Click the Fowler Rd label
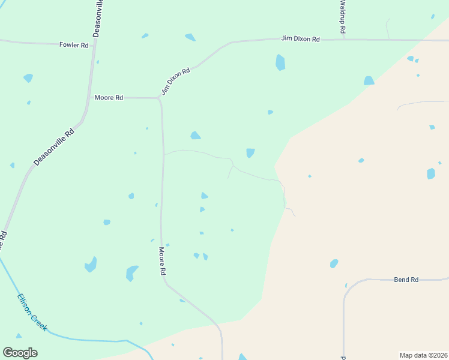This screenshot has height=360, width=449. tap(74, 45)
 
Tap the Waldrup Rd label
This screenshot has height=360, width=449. tap(343, 17)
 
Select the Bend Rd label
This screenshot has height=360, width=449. tap(406, 280)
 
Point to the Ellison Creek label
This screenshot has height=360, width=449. tap(32, 312)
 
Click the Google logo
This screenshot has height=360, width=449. tap(20, 353)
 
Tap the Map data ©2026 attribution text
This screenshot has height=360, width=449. tap(423, 355)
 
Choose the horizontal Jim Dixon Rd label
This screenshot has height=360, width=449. tap(300, 39)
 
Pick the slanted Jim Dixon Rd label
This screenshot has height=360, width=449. tap(175, 81)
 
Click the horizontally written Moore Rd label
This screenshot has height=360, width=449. tap(109, 97)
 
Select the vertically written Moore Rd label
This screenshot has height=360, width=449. tap(162, 261)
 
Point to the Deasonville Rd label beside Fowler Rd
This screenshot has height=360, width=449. tap(98, 19)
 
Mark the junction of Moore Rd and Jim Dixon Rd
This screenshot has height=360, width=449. tap(159, 98)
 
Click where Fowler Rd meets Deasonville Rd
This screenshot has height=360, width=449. tap(95, 44)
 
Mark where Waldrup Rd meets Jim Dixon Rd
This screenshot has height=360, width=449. tap(344, 40)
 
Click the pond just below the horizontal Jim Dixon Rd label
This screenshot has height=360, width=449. tap(280, 62)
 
